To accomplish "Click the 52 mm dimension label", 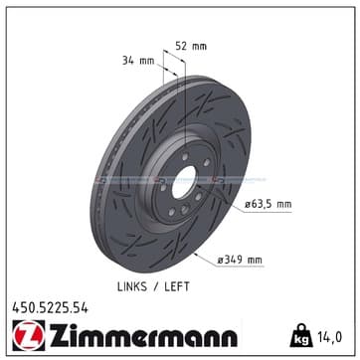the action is point(191,46).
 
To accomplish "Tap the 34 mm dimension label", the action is point(138,61).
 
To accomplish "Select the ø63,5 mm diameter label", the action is point(269,204).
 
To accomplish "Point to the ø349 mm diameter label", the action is point(240,260).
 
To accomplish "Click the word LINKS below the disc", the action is point(132,286).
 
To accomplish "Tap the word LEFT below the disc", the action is point(177,286).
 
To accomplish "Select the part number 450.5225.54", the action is point(51,308).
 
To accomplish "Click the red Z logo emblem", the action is point(29,335).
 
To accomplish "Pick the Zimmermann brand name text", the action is point(143,335).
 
